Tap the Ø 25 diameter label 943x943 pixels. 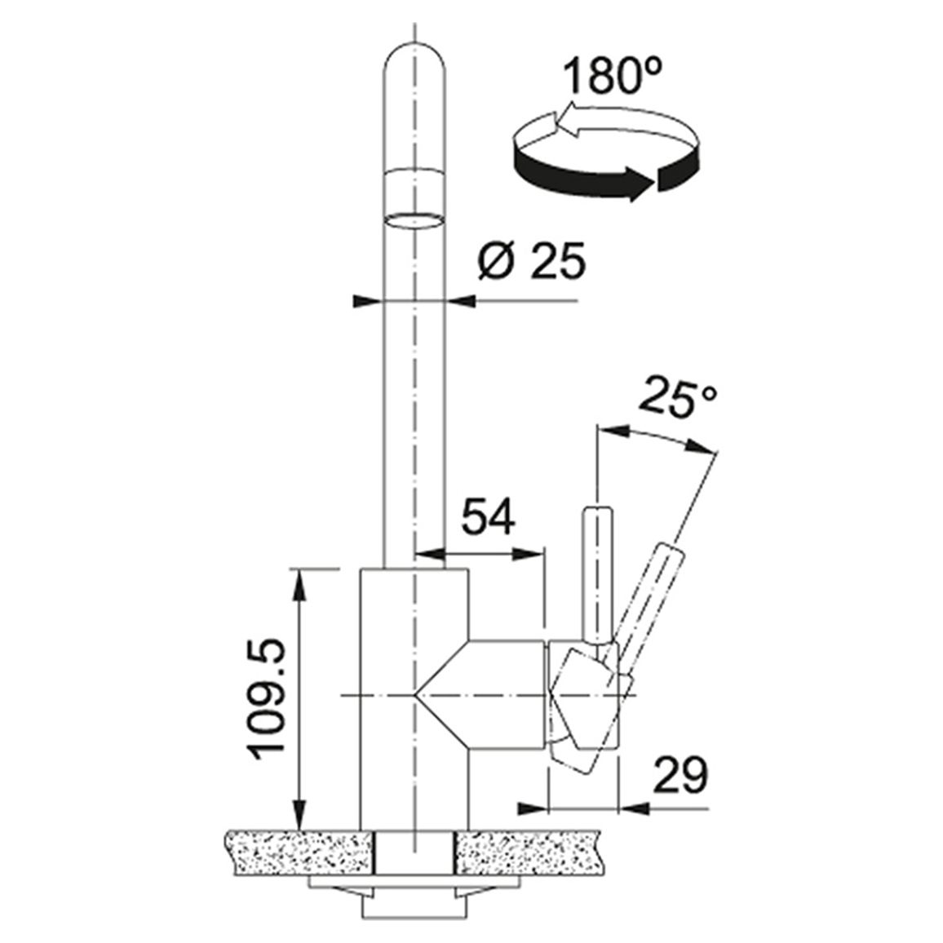(x=531, y=262)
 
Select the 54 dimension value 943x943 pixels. (x=488, y=516)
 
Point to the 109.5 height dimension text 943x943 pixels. (x=264, y=698)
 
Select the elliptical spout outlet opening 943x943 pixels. (x=414, y=220)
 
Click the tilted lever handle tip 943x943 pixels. (x=671, y=550)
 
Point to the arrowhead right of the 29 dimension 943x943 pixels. (x=634, y=809)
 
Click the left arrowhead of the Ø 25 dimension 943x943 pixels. (x=368, y=301)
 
